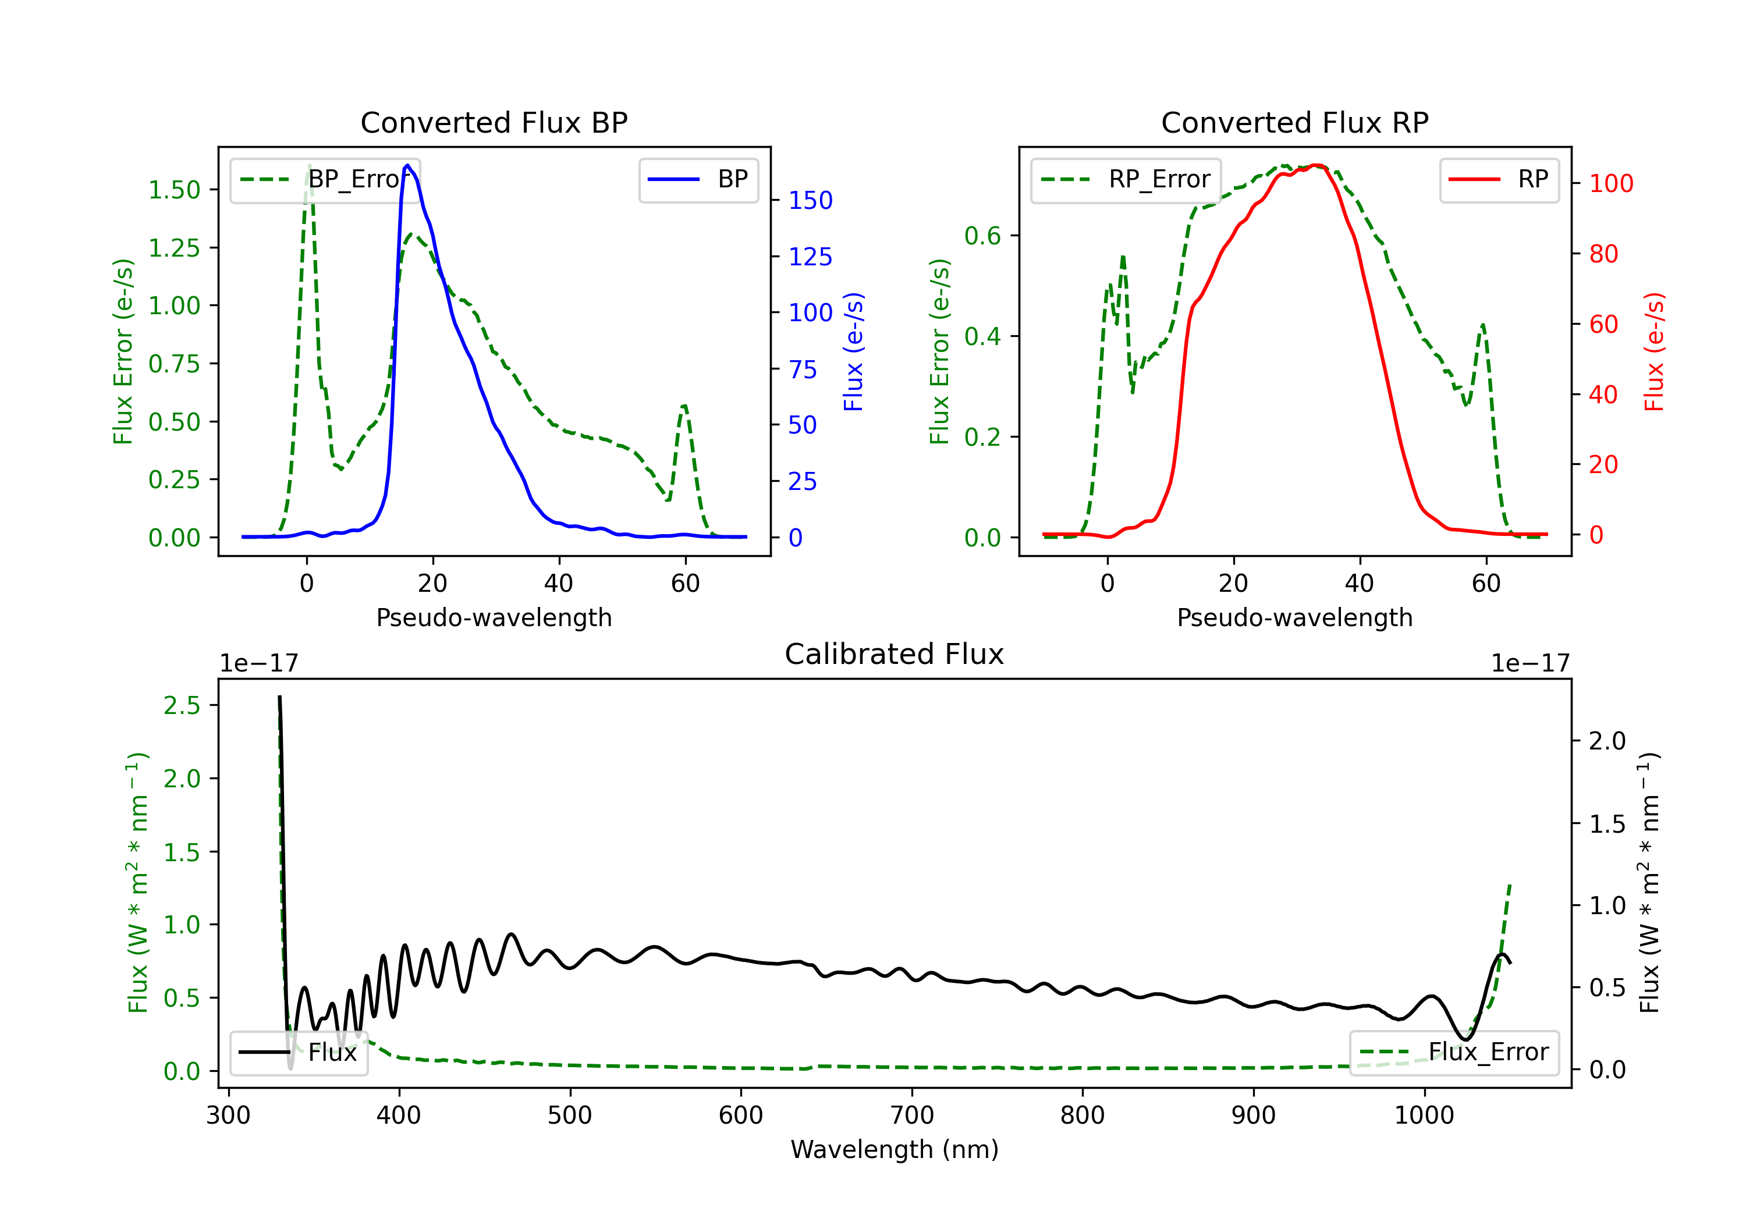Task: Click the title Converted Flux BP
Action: pos(494,122)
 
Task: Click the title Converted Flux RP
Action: pos(1294,122)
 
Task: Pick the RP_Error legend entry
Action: pos(1126,179)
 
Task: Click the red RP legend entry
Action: pos(1499,179)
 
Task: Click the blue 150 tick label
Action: pos(810,201)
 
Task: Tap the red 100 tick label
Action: pos(1610,183)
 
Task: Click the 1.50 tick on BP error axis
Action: pos(174,190)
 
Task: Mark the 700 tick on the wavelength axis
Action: pos(912,1116)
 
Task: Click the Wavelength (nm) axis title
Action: pos(895,1149)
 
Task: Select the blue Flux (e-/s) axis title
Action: pos(853,351)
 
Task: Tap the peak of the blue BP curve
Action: pos(407,165)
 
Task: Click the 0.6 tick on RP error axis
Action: pos(982,236)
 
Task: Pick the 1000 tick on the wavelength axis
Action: pos(1424,1116)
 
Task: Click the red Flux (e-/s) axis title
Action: pos(1654,351)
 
